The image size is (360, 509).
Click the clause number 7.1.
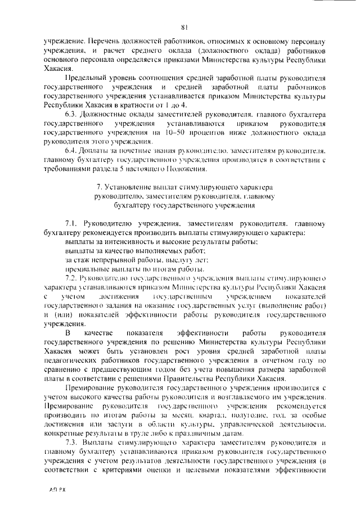pyautogui.click(x=74, y=223)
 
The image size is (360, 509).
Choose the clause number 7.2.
pyautogui.click(x=73, y=278)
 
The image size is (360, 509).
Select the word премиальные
pyautogui.click(x=85, y=269)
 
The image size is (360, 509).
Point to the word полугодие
pyautogui.click(x=261, y=415)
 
